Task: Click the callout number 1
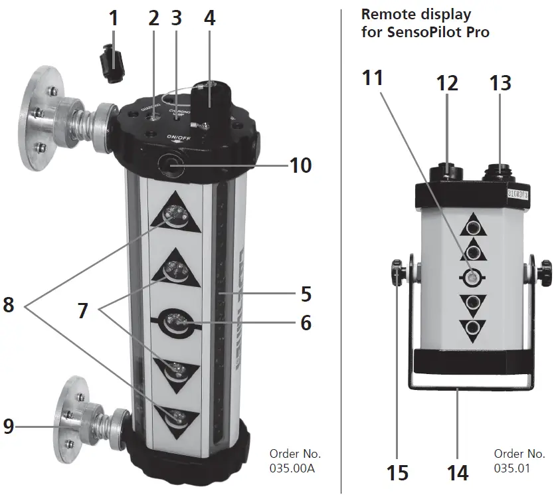pos(114,18)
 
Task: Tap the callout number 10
pos(300,164)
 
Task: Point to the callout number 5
pos(305,293)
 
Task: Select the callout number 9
pos(8,425)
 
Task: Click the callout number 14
pos(458,472)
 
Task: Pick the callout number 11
pos(373,78)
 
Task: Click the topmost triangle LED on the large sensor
pos(176,215)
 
